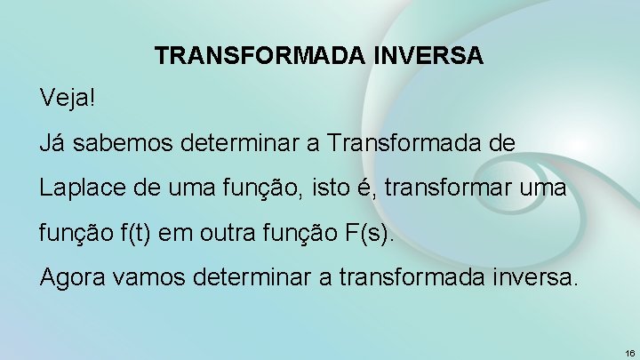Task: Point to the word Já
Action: [x=53, y=142]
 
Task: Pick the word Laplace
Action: [x=76, y=188]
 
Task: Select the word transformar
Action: [x=470, y=188]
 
